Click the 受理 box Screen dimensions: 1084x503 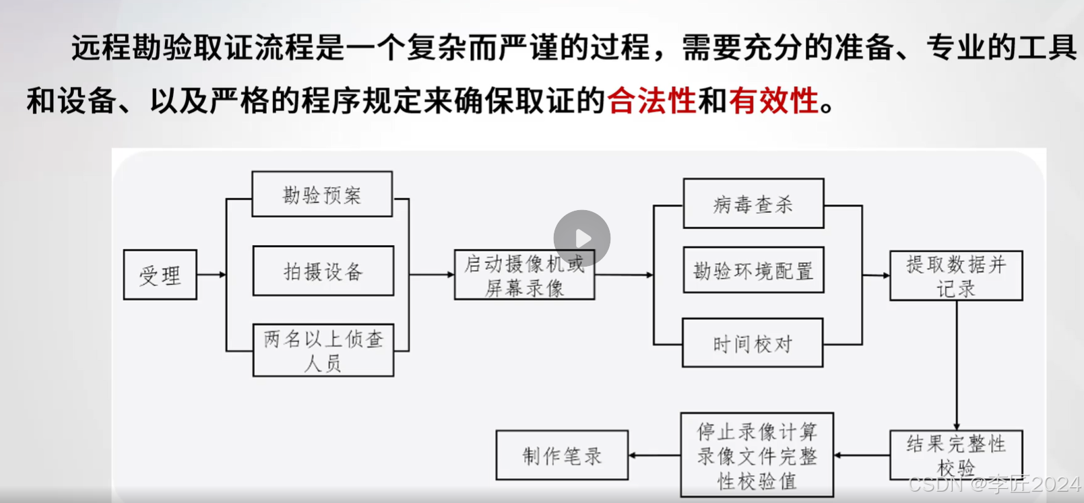click(x=160, y=275)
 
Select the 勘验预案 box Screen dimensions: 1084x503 click(x=322, y=195)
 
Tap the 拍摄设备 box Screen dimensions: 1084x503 click(x=323, y=271)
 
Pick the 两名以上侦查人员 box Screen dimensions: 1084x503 click(x=323, y=350)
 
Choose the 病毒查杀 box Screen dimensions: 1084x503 click(x=753, y=203)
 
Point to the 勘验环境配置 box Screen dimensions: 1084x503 click(x=753, y=270)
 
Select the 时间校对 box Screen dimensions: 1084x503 click(x=753, y=343)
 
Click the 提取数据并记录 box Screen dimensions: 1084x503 click(x=956, y=275)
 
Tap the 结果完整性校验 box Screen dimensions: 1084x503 click(x=956, y=455)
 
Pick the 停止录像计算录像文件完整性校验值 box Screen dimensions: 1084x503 click(x=757, y=455)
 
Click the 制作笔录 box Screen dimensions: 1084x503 click(x=562, y=455)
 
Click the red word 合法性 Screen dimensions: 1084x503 click(x=651, y=101)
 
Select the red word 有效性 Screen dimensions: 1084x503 click(x=773, y=101)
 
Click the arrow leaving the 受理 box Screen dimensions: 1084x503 click(x=212, y=275)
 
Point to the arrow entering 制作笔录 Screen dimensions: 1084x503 click(x=654, y=455)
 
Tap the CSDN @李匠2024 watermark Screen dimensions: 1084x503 click(x=994, y=484)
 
